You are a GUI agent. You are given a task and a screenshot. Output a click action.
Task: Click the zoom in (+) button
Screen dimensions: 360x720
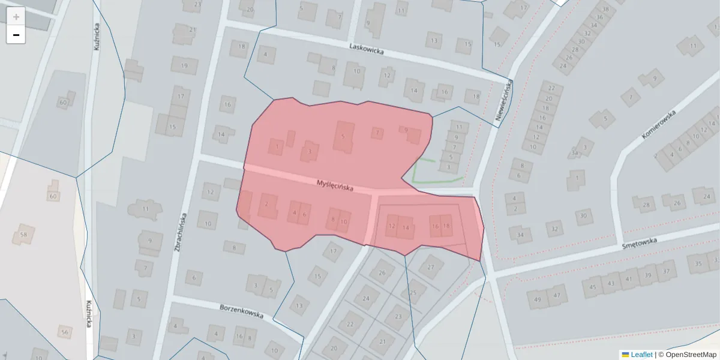[16, 17]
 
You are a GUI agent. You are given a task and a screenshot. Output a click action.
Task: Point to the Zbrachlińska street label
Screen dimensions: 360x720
[181, 232]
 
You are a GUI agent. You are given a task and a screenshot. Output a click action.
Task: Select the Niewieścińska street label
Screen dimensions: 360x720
[503, 102]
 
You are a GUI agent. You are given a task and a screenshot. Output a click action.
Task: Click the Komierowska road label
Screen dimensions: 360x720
[658, 124]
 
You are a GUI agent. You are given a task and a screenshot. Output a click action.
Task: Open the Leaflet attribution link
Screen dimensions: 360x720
[641, 355]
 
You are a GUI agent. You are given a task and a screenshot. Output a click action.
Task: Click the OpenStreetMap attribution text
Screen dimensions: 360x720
[691, 355]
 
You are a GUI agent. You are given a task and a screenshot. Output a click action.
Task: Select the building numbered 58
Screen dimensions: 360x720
[24, 234]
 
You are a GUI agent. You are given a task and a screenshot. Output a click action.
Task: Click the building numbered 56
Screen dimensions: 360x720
[65, 332]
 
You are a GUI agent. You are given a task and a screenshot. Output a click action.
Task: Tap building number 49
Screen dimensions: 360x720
[537, 299]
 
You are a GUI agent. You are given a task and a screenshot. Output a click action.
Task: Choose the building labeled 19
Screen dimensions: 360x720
[184, 65]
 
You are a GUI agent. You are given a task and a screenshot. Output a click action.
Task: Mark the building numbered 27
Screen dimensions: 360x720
[431, 267]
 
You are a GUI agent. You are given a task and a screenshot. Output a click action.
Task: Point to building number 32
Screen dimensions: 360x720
[555, 229]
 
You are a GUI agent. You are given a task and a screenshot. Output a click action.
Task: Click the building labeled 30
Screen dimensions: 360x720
[583, 216]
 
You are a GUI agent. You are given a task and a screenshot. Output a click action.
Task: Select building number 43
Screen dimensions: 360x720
[611, 283]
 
